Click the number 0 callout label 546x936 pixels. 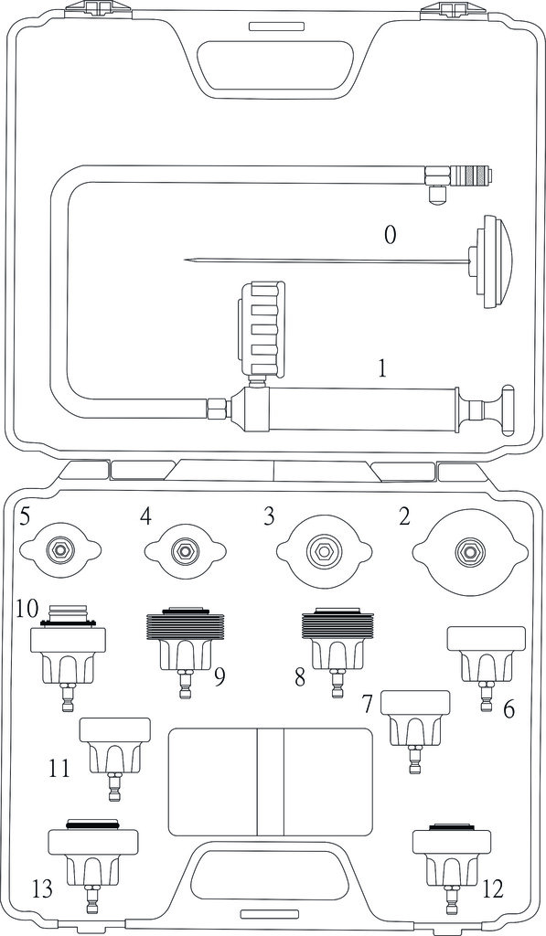coord(389,235)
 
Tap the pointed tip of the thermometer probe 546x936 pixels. coord(185,259)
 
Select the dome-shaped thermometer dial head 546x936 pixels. coord(493,261)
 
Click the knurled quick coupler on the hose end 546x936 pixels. coord(471,176)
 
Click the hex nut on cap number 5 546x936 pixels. coord(60,548)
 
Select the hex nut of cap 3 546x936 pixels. coord(323,549)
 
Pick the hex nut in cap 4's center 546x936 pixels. coord(180,549)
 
